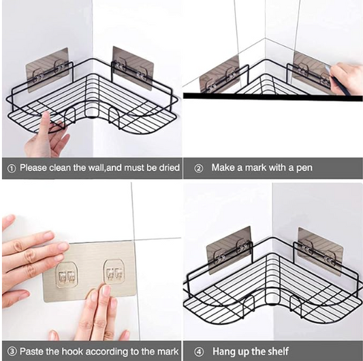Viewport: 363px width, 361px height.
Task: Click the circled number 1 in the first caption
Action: (x=12, y=168)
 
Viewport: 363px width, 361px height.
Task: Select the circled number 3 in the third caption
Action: (x=12, y=351)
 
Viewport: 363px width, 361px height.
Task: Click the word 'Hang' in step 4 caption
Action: (x=224, y=351)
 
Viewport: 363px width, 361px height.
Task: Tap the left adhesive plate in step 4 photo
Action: (x=230, y=249)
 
